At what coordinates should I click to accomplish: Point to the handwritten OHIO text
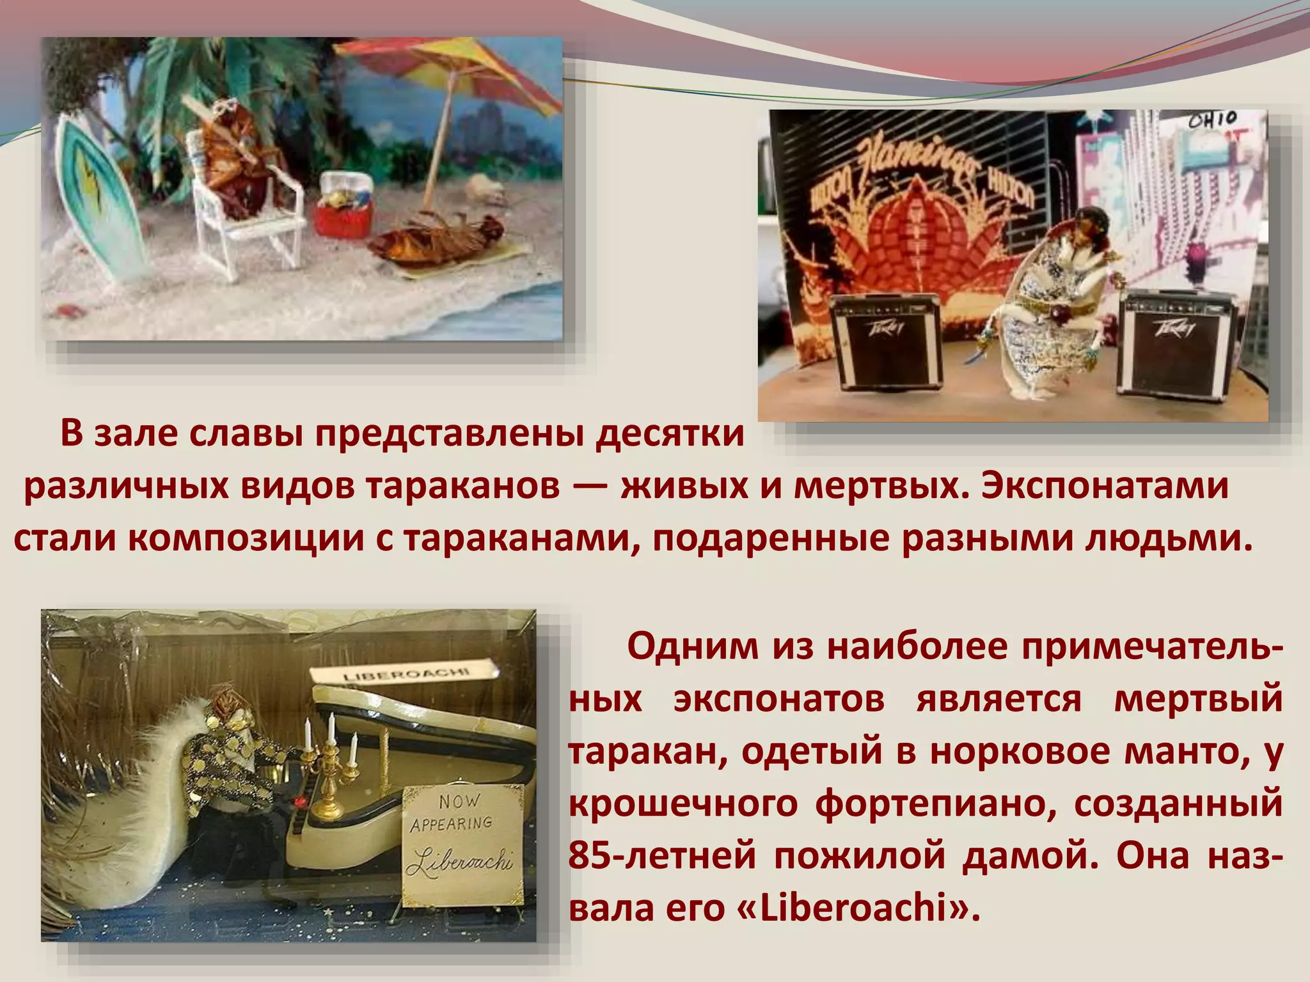(1213, 120)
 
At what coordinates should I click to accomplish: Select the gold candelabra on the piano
(329, 767)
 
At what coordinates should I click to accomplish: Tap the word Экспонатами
(1105, 487)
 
